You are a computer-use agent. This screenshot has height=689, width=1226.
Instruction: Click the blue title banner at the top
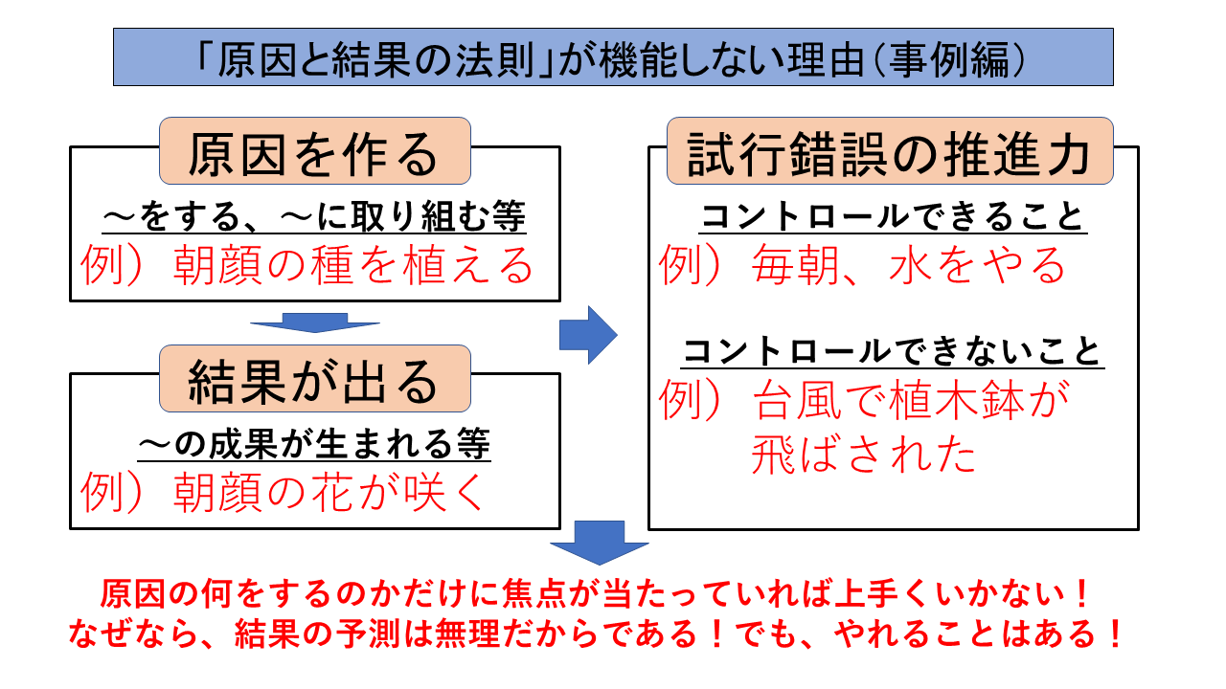[613, 57]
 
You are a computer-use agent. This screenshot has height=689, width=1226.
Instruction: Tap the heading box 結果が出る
[314, 379]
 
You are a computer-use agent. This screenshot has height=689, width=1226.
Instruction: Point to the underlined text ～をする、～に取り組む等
[314, 219]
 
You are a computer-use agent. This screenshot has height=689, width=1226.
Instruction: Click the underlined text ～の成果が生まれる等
[314, 444]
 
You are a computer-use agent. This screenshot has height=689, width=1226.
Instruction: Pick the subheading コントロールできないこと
[893, 353]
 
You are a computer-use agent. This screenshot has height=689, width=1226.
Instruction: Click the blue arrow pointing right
[587, 334]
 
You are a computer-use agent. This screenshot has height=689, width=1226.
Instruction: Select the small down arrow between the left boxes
[314, 323]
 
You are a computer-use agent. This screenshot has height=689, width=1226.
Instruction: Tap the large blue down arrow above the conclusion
[600, 544]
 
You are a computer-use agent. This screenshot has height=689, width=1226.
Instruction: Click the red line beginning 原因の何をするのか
[596, 595]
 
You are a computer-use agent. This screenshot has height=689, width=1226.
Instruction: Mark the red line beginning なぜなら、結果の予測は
[596, 636]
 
